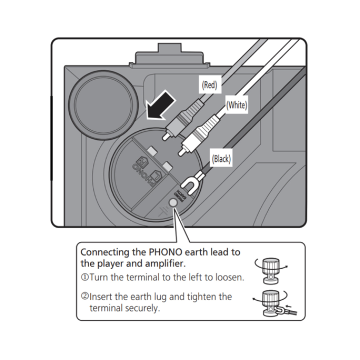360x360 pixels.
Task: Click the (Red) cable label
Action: pyautogui.click(x=209, y=85)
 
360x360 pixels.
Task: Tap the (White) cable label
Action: pyautogui.click(x=236, y=105)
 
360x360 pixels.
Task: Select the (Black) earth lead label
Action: pyautogui.click(x=222, y=159)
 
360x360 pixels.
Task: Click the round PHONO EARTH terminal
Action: pyautogui.click(x=175, y=202)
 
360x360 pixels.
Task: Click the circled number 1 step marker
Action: pyautogui.click(x=85, y=278)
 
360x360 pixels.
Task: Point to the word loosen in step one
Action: pyautogui.click(x=230, y=278)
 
